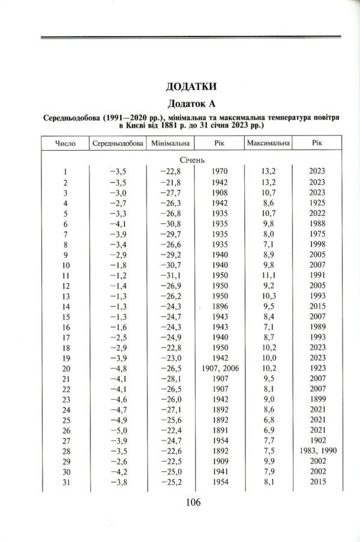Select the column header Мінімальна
(x=170, y=145)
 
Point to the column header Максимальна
(x=268, y=145)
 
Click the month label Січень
(x=192, y=160)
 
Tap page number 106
(x=192, y=503)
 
